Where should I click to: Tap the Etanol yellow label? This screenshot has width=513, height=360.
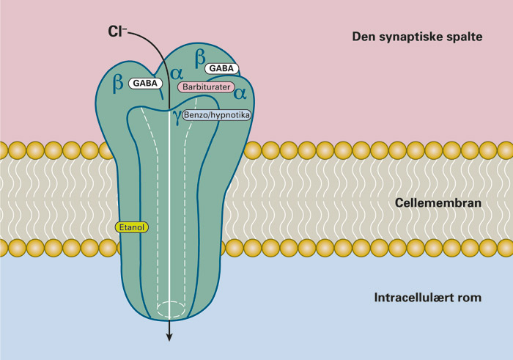point(132,227)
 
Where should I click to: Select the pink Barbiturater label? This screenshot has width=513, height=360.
point(205,87)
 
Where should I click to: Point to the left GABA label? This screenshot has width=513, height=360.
point(145,84)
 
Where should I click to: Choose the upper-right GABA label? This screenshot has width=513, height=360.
point(222,68)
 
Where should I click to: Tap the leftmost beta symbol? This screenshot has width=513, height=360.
point(117,83)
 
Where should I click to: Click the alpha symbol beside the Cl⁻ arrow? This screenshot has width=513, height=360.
point(176,73)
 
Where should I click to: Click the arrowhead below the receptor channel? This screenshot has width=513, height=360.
point(170,337)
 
